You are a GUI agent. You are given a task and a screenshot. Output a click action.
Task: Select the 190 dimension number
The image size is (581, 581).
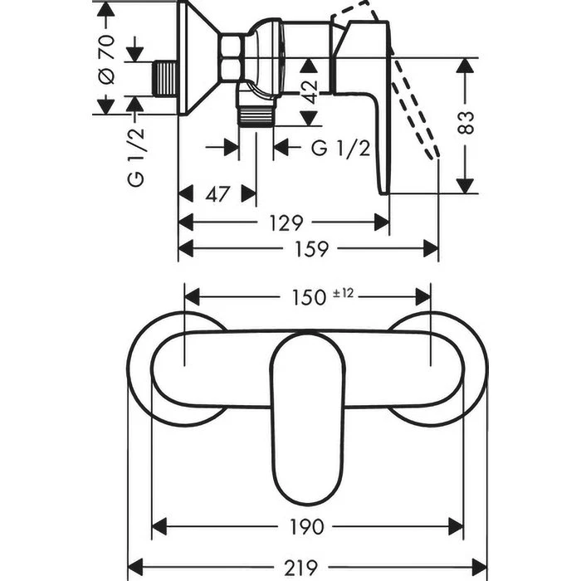pyautogui.click(x=307, y=526)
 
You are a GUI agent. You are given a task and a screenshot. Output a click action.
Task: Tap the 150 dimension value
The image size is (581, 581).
pyautogui.click(x=309, y=296)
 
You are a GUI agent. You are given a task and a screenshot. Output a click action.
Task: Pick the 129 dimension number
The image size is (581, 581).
pyautogui.click(x=285, y=222)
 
